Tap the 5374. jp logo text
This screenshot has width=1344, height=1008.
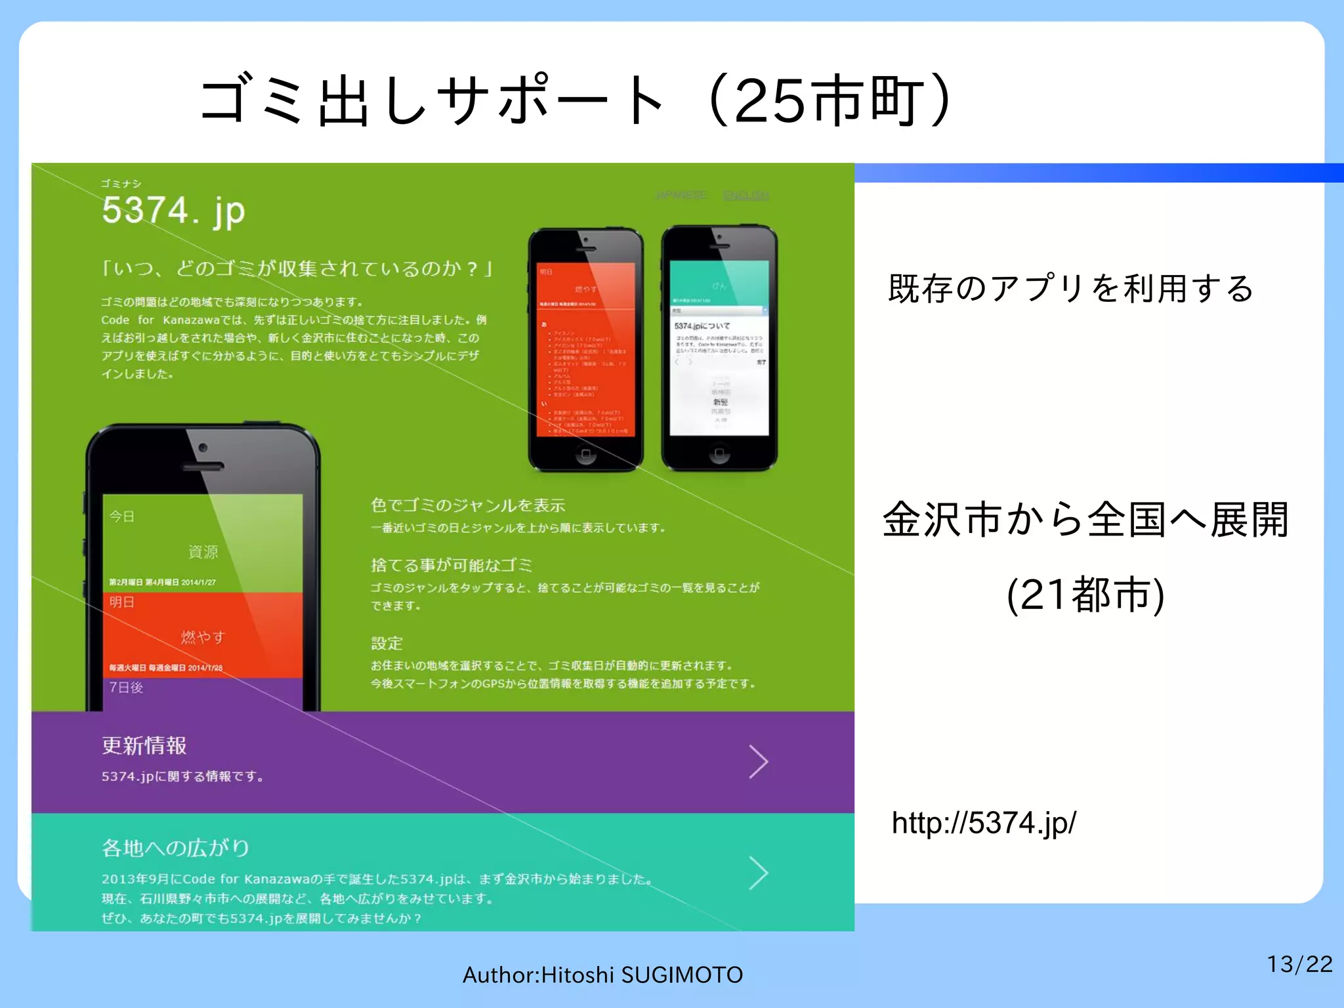pos(173,211)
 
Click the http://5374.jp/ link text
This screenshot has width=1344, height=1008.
pos(984,823)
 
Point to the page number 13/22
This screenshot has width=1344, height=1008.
pos(1299,964)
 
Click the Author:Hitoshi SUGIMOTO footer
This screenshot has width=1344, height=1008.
pos(602,975)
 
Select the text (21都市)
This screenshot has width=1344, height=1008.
pos(1085,595)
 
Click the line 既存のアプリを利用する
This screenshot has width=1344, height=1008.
pos(1071,289)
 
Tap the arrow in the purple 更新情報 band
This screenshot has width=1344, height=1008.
pos(759,762)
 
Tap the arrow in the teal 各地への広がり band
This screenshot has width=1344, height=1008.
pos(759,873)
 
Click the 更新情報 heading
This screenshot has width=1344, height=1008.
pos(144,745)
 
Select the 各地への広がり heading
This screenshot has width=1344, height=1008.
pos(175,848)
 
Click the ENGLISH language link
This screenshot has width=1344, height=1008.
pos(746,196)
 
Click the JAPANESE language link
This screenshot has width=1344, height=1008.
pos(681,196)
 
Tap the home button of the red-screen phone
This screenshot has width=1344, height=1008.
pos(585,453)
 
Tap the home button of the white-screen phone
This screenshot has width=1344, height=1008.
pos(719,453)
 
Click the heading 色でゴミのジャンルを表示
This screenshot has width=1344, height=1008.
pos(468,505)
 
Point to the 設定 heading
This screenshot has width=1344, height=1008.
pos(387,643)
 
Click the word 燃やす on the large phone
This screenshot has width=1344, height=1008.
pos(203,637)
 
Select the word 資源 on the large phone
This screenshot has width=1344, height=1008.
pos(203,552)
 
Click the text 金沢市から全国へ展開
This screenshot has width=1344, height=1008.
pos(1085,520)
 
